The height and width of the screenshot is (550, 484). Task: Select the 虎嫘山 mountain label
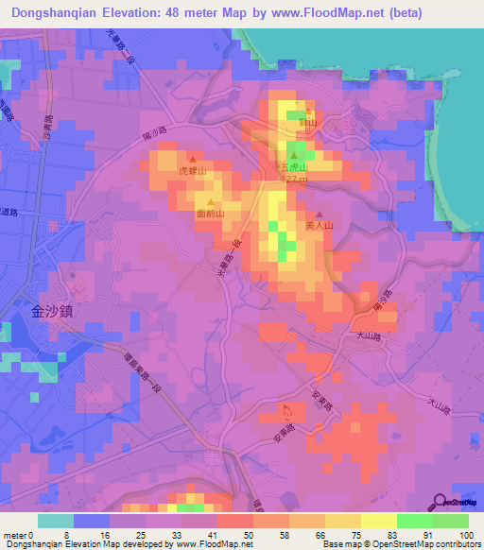coord(192,171)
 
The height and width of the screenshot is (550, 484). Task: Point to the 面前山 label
coord(210,214)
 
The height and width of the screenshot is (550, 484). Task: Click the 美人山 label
coord(320,226)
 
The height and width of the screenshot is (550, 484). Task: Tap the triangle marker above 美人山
coord(319,214)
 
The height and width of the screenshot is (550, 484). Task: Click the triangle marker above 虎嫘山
coord(192,159)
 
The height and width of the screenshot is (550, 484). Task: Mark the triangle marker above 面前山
coord(210,202)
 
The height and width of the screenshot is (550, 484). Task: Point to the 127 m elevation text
coord(296,180)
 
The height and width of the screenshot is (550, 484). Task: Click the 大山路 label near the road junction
coord(369,335)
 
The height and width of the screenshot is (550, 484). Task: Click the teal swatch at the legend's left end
coord(55,521)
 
